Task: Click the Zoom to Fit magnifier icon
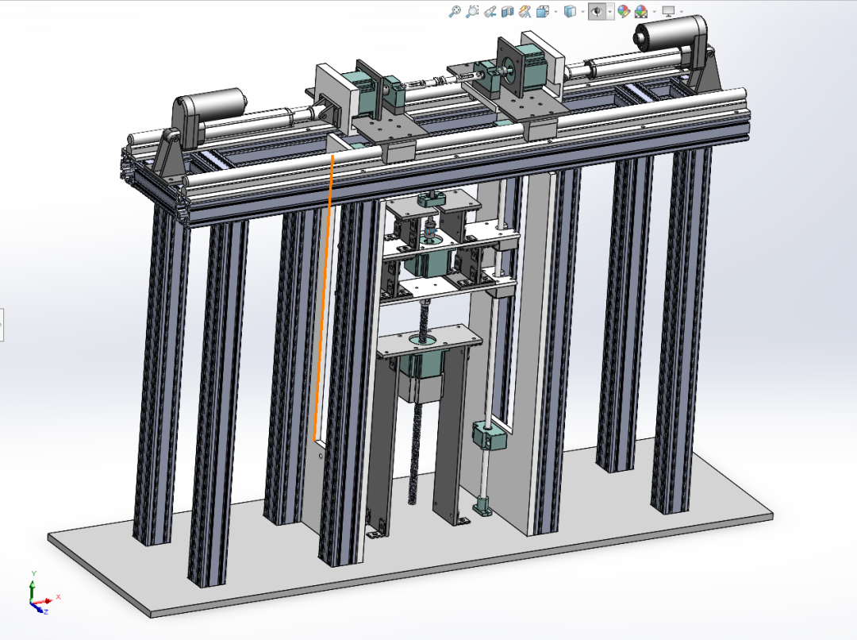[454, 11]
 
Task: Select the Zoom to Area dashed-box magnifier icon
[471, 11]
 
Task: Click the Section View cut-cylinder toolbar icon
[508, 11]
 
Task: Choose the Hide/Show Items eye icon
[597, 11]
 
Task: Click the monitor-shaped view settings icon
[668, 11]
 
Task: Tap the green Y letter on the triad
[34, 573]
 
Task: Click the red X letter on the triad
[58, 597]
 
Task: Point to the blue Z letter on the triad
[46, 611]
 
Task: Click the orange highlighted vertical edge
[324, 298]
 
